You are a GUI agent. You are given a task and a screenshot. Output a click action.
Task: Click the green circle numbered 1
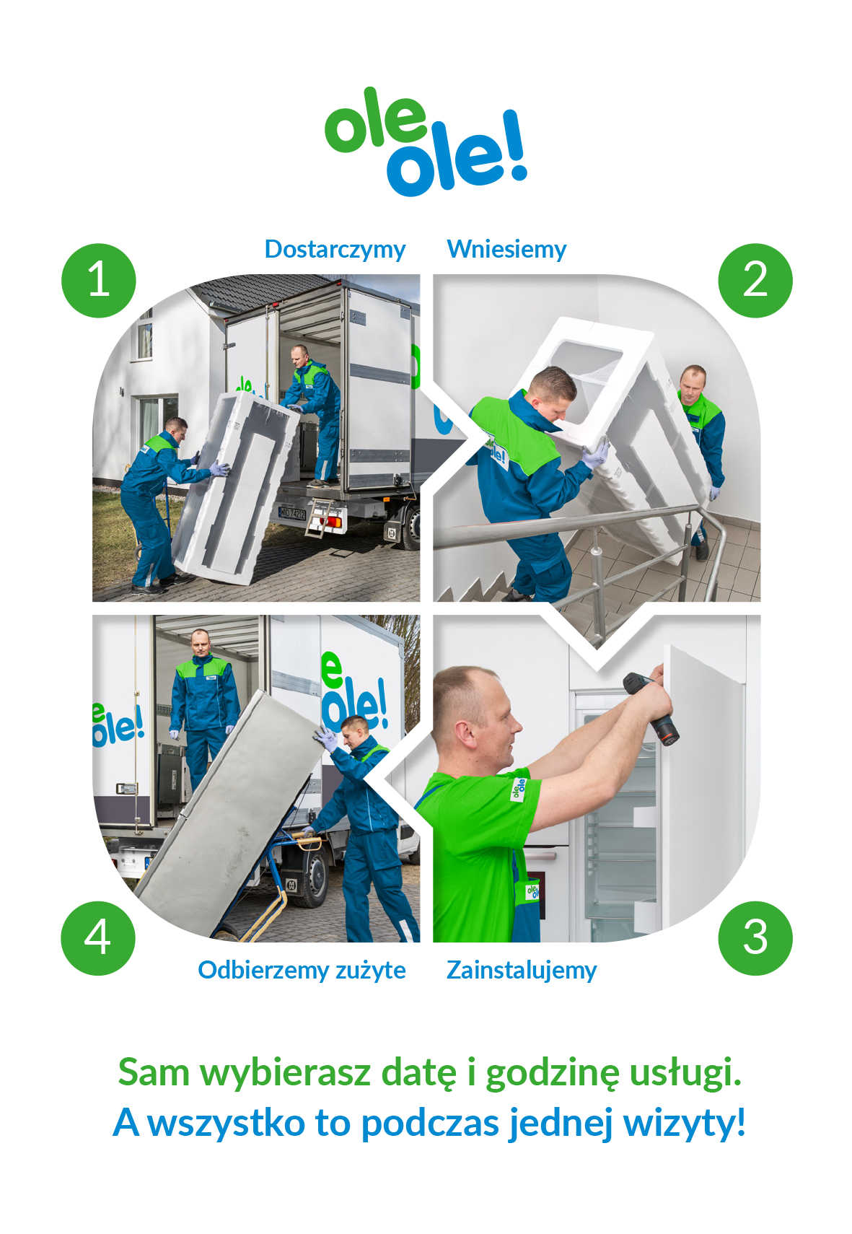coord(99,280)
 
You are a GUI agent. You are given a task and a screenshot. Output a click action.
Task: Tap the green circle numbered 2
coord(755,280)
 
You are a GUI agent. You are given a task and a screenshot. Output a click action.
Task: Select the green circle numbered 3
coord(755,937)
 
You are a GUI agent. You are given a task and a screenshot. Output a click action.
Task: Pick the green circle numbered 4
coord(98,937)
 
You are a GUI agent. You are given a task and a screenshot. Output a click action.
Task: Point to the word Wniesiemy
coord(506,249)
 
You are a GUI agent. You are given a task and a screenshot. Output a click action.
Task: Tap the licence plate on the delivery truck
coord(291,513)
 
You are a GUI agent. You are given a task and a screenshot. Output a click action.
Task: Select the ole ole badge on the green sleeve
coord(517,789)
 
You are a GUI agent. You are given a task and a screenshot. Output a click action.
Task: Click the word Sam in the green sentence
coord(154,1072)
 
